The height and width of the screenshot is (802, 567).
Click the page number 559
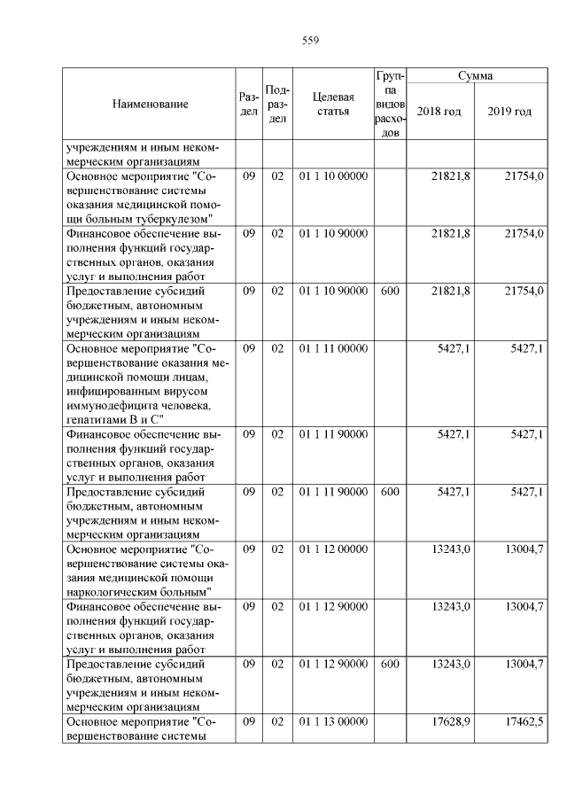click(310, 41)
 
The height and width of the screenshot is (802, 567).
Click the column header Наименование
click(151, 105)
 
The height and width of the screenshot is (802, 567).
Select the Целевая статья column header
click(333, 105)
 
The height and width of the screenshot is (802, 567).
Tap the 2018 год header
click(439, 112)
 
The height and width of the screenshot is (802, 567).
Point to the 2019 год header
click(510, 112)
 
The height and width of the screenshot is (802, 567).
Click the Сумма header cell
click(476, 76)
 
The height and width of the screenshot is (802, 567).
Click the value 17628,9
click(451, 722)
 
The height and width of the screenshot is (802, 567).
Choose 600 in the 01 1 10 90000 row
click(390, 291)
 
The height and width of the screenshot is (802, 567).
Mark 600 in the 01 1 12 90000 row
click(390, 664)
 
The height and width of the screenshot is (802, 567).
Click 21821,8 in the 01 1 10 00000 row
click(451, 176)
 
